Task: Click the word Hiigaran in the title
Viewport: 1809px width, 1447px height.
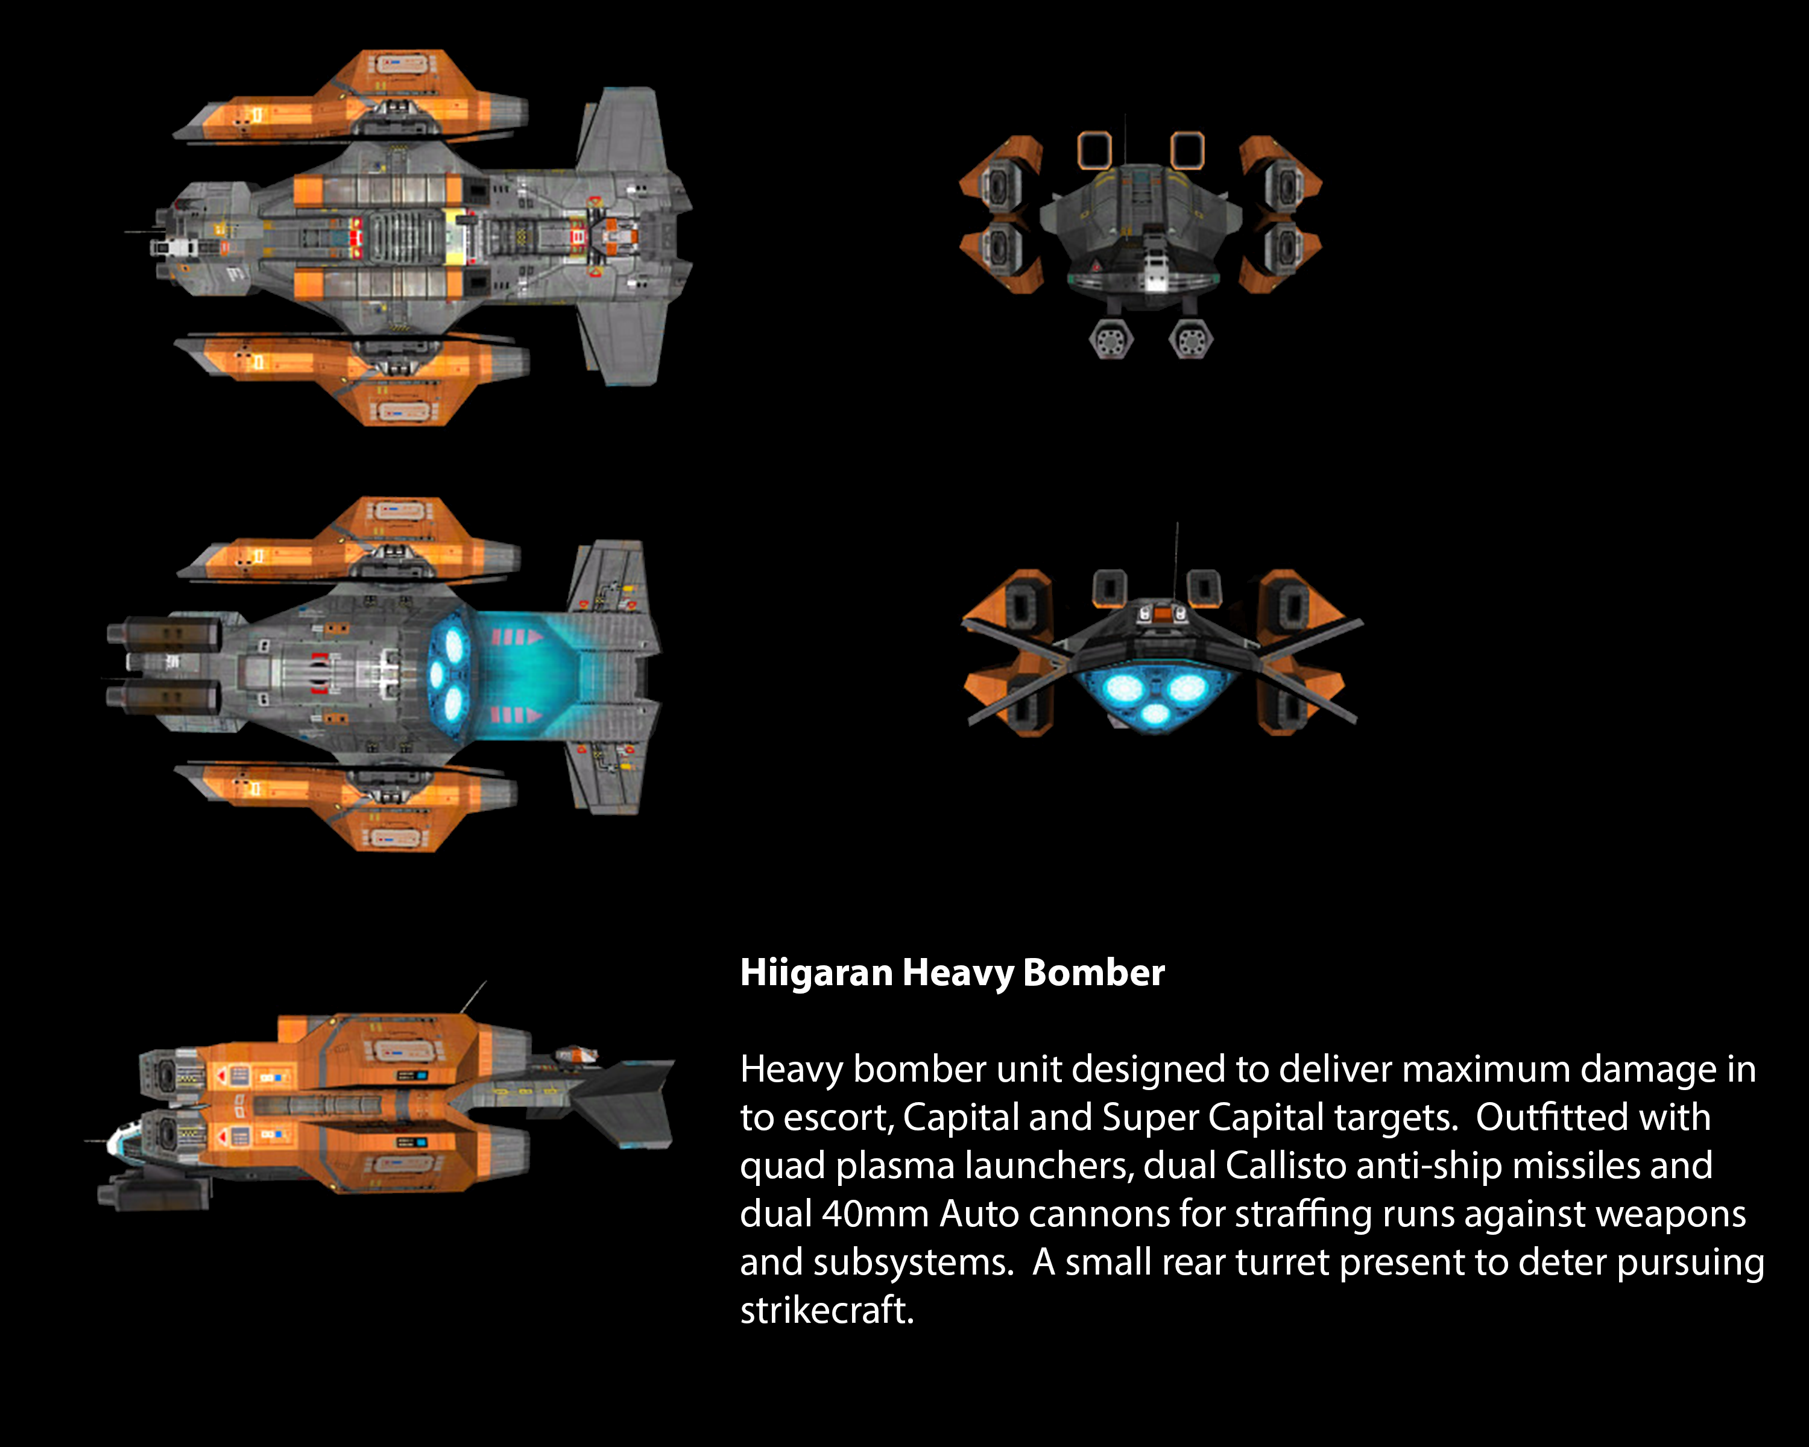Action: [x=816, y=973]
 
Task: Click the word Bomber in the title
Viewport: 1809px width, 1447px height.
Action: [x=1094, y=973]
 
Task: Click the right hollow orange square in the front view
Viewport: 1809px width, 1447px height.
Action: [x=1187, y=151]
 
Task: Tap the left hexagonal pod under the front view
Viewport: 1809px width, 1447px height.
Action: [x=1111, y=339]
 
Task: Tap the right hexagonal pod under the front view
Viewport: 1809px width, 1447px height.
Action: [x=1190, y=339]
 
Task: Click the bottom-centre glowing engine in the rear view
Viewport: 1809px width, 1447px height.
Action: [x=1155, y=714]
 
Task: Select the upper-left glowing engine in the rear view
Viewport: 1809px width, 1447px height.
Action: [x=1123, y=688]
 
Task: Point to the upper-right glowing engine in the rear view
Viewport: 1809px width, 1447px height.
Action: [x=1187, y=688]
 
